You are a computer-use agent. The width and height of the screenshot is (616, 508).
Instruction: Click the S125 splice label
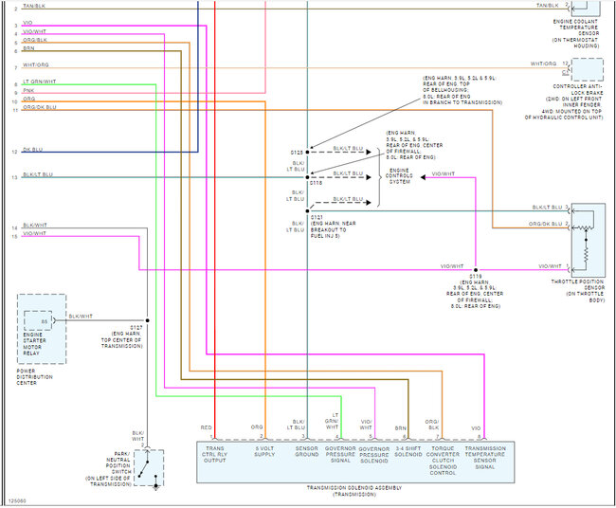[x=298, y=152]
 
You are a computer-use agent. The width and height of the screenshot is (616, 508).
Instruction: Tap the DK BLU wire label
[x=32, y=151]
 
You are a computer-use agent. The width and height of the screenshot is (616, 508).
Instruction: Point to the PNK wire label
[x=28, y=90]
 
